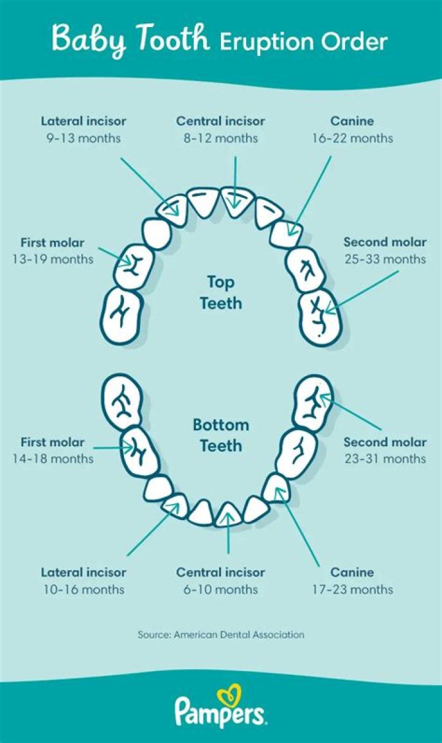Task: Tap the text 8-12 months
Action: (220, 138)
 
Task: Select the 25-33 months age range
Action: (385, 259)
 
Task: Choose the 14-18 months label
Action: (53, 458)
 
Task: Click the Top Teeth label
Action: (221, 293)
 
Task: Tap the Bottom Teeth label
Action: (221, 435)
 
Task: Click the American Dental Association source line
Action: (220, 635)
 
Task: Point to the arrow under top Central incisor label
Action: (235, 183)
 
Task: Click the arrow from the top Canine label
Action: (309, 197)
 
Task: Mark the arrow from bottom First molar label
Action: (113, 448)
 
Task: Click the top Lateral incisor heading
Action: (83, 121)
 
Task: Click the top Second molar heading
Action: (385, 242)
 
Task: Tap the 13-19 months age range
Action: (53, 259)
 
